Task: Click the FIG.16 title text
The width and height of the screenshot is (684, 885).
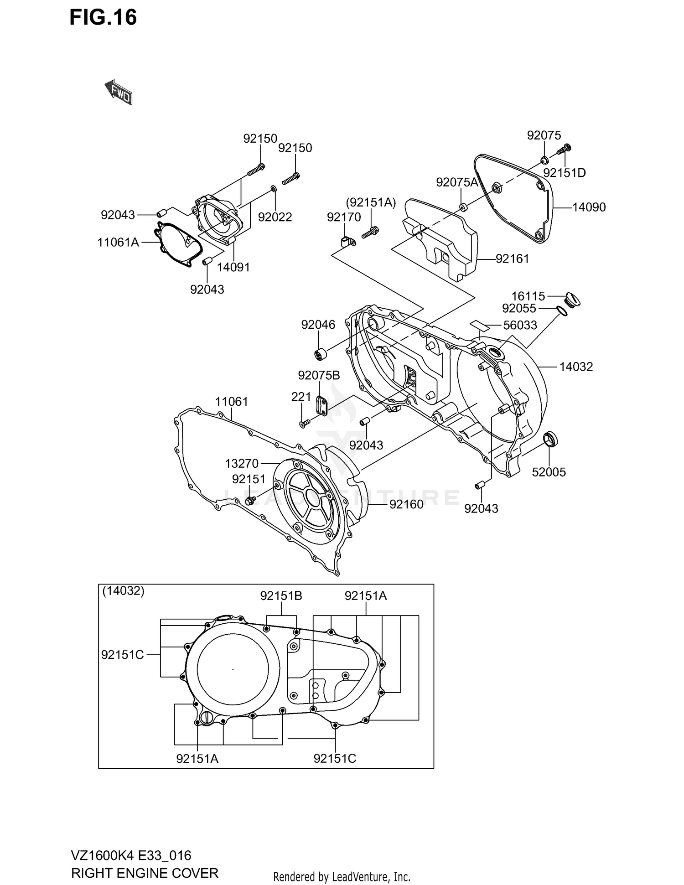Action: pos(103,17)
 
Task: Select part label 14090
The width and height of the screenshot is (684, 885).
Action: pos(589,207)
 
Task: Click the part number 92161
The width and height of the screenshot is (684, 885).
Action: pos(512,259)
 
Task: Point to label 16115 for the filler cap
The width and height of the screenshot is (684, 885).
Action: pos(528,296)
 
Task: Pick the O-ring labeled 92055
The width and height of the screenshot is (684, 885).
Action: pos(562,311)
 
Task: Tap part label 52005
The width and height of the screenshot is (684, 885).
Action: pos(549,472)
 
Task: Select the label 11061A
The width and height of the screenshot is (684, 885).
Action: pos(118,242)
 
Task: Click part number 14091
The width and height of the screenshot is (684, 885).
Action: pos(233,267)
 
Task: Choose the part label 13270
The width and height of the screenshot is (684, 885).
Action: pos(242,463)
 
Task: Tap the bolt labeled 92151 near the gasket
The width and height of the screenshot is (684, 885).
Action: pos(250,501)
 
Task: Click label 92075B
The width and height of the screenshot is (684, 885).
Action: pos(319,375)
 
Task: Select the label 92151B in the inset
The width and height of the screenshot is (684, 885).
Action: pos(281,596)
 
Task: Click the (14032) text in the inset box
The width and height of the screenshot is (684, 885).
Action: pos(123,591)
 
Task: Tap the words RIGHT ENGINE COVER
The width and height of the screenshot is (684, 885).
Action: pos(145,873)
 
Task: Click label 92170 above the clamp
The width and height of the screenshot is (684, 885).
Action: pos(343,217)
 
